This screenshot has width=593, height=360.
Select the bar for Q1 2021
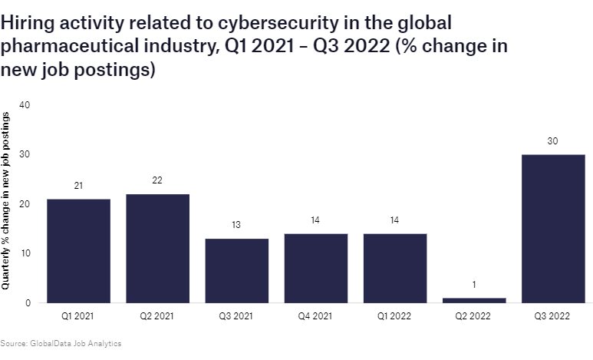pos(78,251)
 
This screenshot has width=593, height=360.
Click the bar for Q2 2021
pos(157,249)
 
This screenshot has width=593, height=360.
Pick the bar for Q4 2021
pos(315,268)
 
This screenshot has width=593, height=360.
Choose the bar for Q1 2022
pos(394,268)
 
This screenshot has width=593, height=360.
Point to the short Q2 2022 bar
pos(473,300)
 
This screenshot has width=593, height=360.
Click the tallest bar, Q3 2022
pos(552,229)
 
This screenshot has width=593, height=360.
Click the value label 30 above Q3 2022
pos(552,140)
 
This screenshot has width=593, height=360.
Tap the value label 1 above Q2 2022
pos(473,285)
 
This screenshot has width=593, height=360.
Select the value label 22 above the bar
pos(157,180)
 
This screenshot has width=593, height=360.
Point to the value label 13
pos(236,225)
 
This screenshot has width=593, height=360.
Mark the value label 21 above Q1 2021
pos(78,185)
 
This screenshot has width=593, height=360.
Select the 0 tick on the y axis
pos(27,303)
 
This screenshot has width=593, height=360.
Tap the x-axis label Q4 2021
pos(315,316)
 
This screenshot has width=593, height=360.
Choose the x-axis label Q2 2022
pos(473,316)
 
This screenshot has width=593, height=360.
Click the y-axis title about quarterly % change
pos(7,200)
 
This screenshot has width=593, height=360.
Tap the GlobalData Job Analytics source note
pos(61,343)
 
